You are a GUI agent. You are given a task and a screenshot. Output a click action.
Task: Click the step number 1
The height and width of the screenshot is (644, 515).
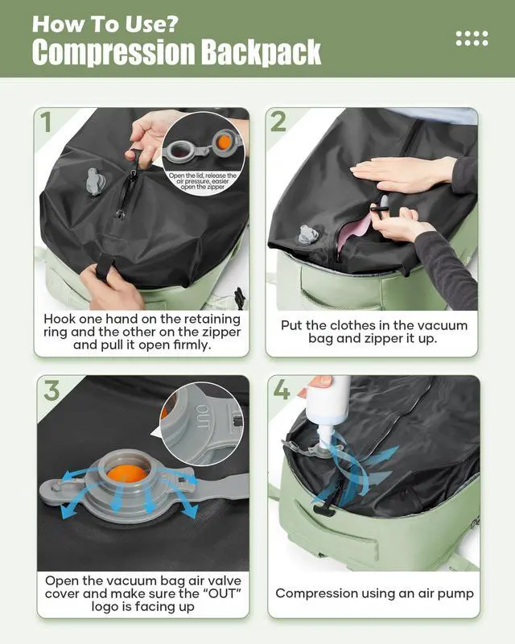click(x=47, y=123)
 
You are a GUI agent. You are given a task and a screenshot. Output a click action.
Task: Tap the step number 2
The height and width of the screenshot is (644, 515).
click(x=278, y=123)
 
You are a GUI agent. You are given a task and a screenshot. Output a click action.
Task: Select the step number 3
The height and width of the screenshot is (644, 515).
click(x=52, y=391)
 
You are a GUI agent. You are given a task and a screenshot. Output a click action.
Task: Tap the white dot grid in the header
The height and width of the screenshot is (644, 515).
click(x=472, y=38)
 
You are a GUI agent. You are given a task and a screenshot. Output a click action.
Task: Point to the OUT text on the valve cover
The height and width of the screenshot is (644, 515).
click(x=203, y=421)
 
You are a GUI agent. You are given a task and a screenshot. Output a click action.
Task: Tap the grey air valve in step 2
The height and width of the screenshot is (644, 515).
click(x=307, y=234)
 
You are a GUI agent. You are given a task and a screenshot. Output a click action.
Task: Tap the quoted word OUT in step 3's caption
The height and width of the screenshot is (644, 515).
click(x=192, y=593)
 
